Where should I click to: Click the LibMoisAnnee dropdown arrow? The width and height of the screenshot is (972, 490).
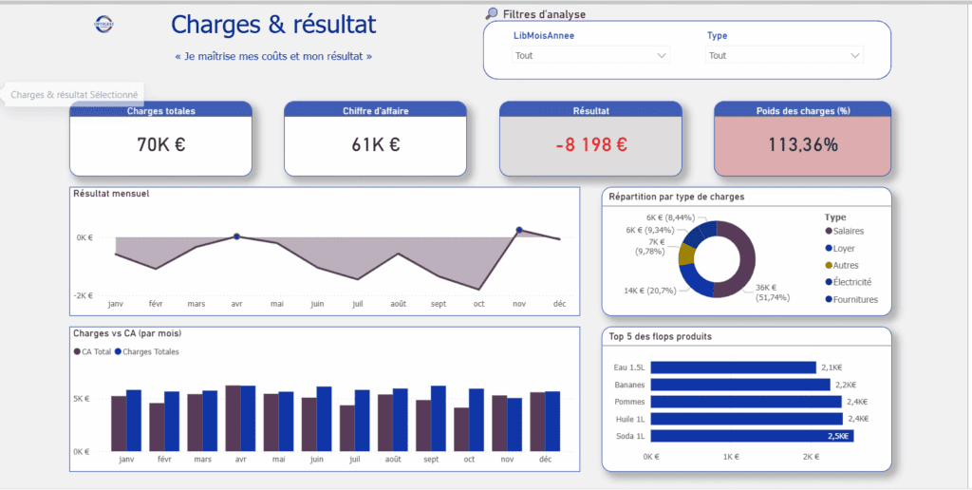tap(662, 56)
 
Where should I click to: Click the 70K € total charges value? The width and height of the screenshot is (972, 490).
tap(160, 145)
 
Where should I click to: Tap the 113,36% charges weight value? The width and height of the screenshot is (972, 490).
tap(803, 145)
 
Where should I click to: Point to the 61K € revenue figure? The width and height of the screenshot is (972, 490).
tap(375, 145)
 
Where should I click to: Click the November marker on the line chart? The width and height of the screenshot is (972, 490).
tap(519, 230)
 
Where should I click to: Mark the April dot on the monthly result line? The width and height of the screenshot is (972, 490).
tap(236, 236)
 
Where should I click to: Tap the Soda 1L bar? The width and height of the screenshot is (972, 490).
tap(751, 436)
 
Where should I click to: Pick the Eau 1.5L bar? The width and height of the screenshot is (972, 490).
tap(732, 367)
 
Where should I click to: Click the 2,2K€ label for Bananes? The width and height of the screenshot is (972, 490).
tap(845, 385)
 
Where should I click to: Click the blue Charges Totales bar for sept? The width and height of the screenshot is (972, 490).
tap(439, 418)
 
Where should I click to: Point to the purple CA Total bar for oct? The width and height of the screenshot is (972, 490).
tap(461, 429)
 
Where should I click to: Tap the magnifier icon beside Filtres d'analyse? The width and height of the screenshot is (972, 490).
tap(492, 13)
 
